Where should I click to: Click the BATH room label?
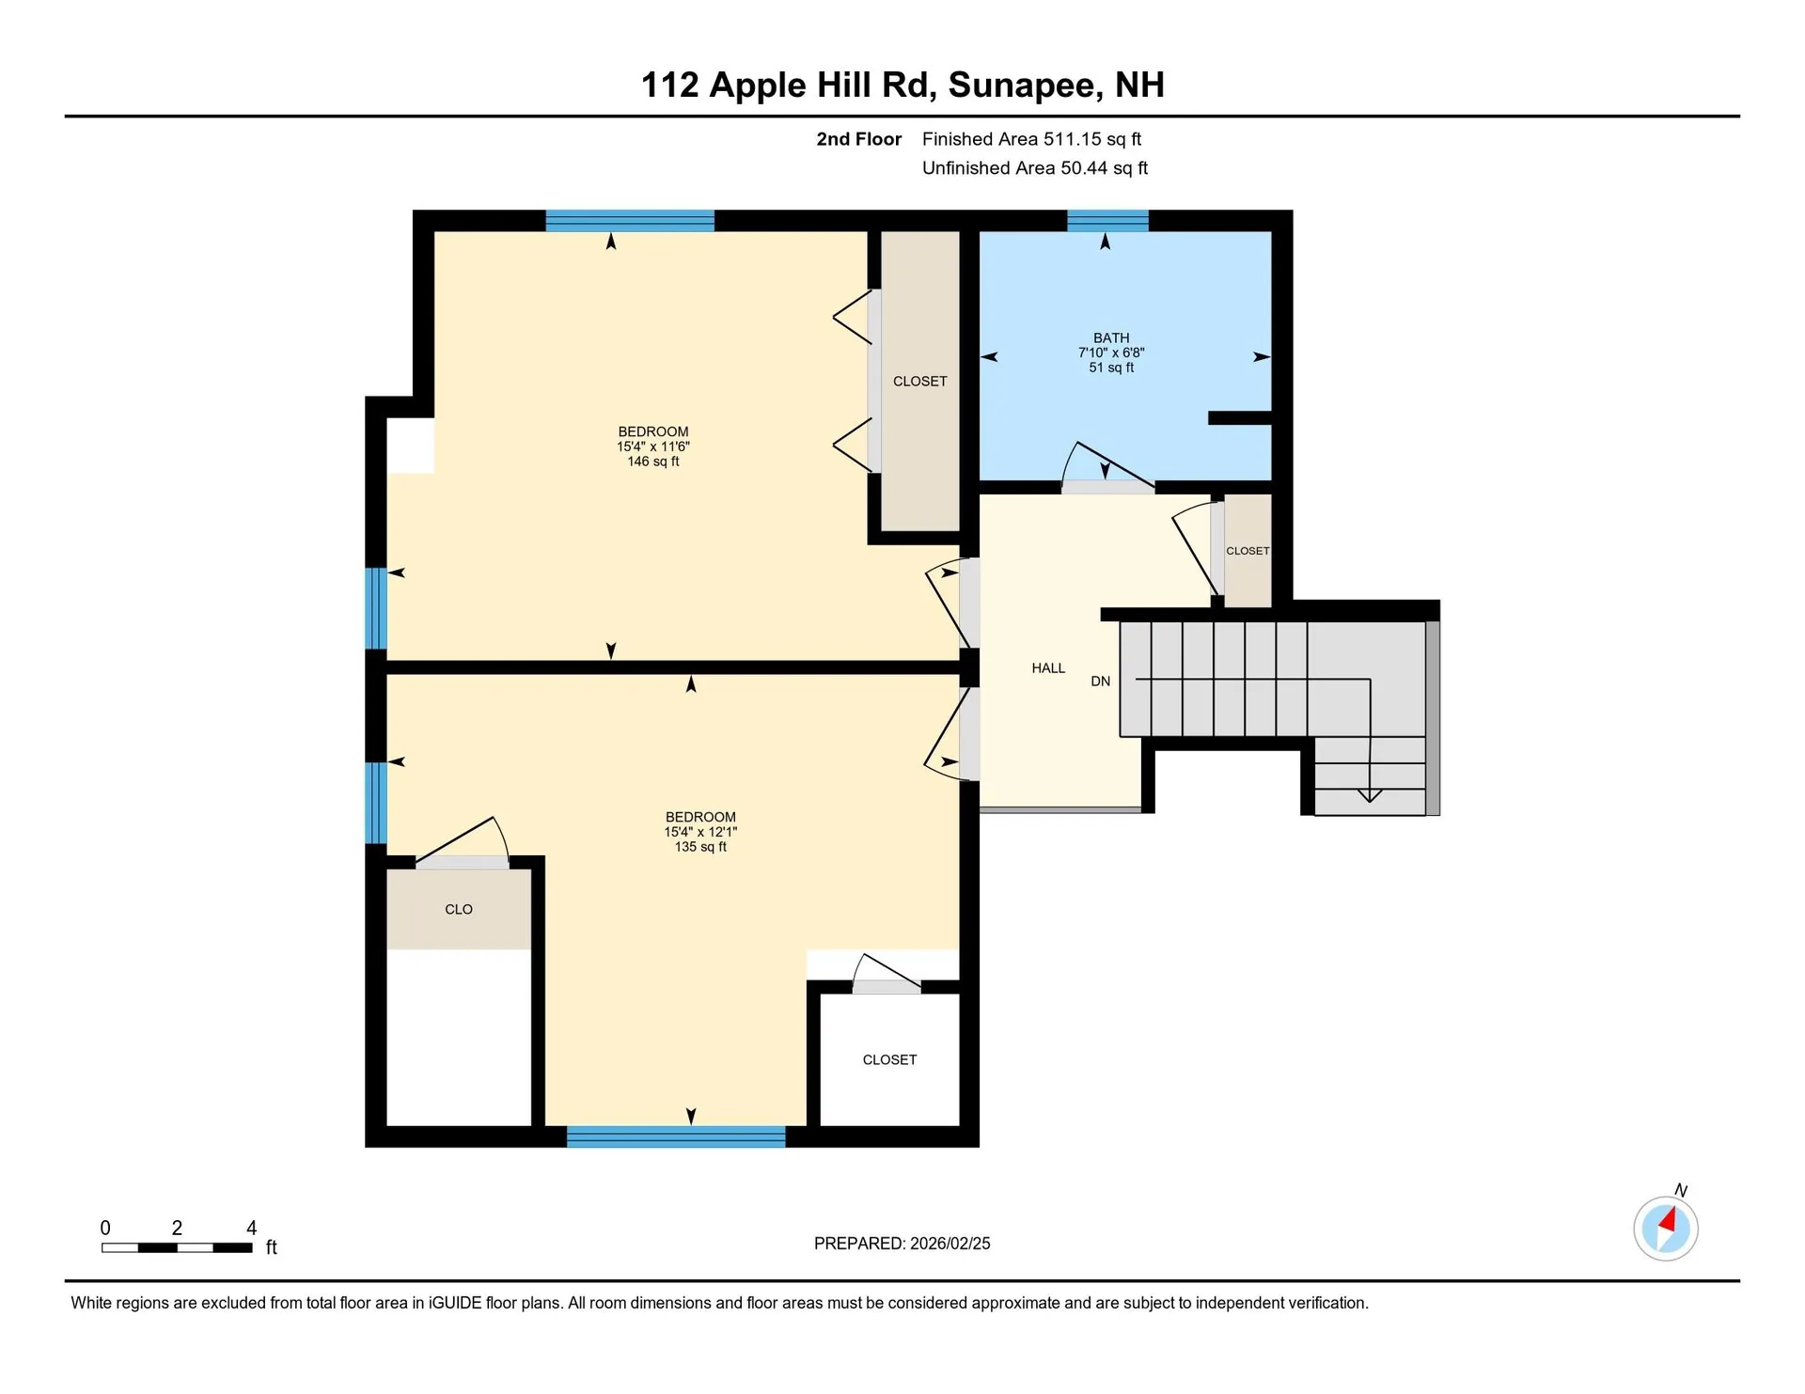[1110, 337]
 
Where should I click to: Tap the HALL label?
[1048, 668]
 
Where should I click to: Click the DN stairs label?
[1100, 681]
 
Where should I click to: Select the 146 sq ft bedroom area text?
[652, 462]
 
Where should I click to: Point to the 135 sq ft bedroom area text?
[700, 847]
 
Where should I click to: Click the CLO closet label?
[459, 909]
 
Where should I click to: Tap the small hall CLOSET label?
[1248, 551]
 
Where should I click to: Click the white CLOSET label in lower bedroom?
[889, 1059]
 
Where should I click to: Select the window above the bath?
[1107, 221]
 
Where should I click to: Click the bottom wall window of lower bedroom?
[676, 1136]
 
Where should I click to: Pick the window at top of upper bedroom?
[630, 221]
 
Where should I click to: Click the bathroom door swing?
[1105, 465]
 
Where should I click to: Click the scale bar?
[177, 1247]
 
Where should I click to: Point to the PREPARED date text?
[902, 1244]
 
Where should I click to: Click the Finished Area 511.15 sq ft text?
[1031, 139]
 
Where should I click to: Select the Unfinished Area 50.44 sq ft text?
[1034, 168]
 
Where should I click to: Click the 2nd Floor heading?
[858, 139]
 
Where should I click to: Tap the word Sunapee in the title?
[1024, 85]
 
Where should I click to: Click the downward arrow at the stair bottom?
[1370, 795]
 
